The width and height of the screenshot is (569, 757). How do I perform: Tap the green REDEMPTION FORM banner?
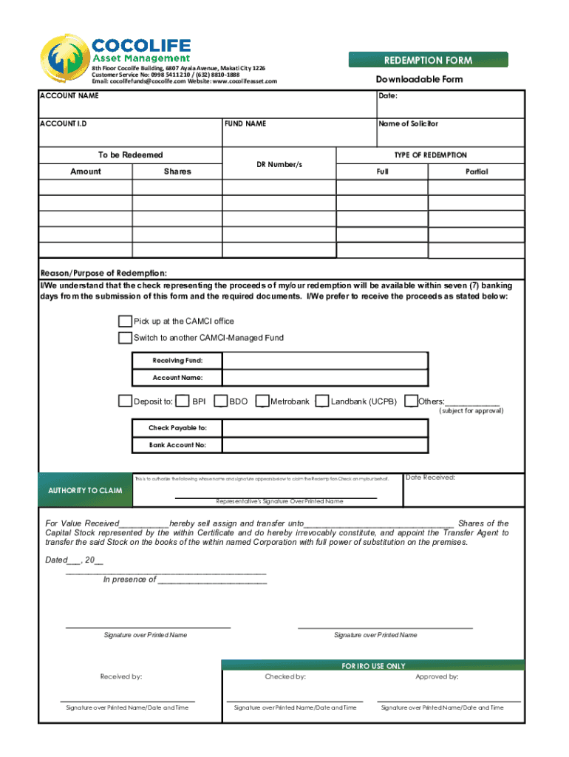click(428, 60)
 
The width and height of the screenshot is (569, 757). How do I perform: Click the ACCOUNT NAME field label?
click(69, 96)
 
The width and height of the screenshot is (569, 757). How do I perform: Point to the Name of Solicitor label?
click(408, 124)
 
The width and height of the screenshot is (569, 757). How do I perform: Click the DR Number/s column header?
click(279, 163)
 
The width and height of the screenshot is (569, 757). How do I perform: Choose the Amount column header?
click(86, 172)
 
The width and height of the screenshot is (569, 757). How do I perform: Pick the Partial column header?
click(477, 172)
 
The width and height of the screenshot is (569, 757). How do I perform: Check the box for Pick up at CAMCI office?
click(125, 322)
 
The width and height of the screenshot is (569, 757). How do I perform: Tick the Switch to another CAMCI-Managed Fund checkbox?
click(125, 338)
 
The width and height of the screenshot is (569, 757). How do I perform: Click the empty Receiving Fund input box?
click(324, 361)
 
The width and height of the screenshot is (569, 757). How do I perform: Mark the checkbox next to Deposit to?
click(125, 401)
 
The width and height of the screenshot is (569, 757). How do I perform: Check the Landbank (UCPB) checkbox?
click(321, 401)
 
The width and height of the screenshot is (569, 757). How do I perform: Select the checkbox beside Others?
click(411, 401)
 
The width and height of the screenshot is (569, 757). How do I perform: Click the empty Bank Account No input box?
click(324, 445)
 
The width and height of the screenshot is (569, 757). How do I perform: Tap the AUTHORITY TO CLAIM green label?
click(85, 491)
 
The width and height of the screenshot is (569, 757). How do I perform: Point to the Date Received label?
click(430, 478)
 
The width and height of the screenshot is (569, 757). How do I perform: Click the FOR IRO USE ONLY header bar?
click(373, 666)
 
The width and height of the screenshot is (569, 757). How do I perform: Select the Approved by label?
click(437, 676)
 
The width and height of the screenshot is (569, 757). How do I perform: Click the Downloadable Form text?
click(419, 80)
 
